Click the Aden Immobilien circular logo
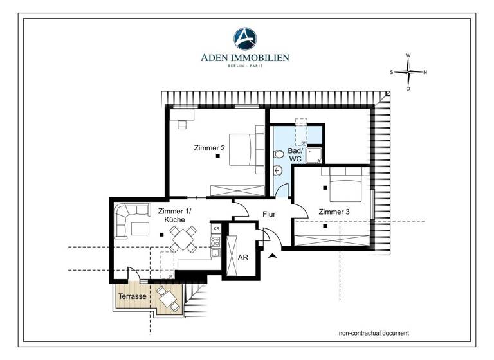[x=245, y=38]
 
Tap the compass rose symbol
[x=408, y=72]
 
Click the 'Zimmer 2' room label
[x=210, y=148]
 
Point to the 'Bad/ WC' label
[x=295, y=154]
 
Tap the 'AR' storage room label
[x=243, y=256]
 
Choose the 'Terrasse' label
[x=131, y=297]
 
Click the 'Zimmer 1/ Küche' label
[x=174, y=215]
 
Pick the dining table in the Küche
[x=182, y=240]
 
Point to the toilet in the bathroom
[x=279, y=155]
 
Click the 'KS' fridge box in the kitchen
[x=216, y=228]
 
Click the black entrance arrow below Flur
[x=273, y=255]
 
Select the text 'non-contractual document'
[x=374, y=333]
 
